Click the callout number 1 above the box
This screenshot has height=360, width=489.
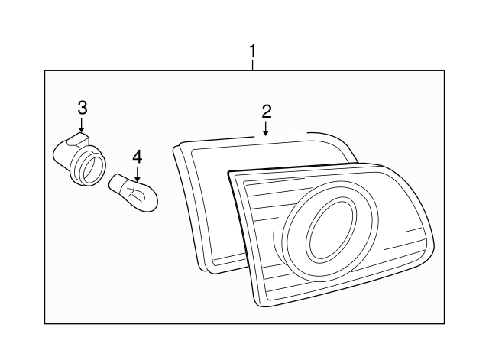click(x=252, y=51)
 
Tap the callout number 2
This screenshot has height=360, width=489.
click(x=266, y=111)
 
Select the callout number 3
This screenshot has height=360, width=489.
click(x=82, y=106)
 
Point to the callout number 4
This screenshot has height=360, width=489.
click(x=137, y=157)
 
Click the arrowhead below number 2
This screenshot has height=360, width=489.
click(x=266, y=132)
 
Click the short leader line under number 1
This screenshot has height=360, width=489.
click(x=252, y=66)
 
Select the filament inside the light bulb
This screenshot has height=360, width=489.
click(x=137, y=190)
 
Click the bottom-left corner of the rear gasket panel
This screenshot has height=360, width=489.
click(x=202, y=268)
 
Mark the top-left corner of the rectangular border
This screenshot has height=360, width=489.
click(x=45, y=70)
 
